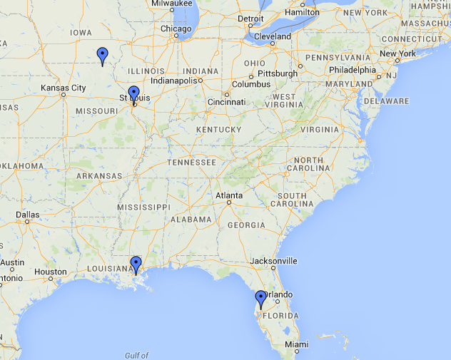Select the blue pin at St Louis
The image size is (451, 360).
tap(133, 94)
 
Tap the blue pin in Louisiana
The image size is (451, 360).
tap(136, 264)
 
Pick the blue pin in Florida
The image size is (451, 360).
tap(261, 299)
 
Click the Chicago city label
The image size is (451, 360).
tap(176, 29)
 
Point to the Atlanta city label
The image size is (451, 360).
tap(229, 195)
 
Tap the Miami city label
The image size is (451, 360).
tap(297, 344)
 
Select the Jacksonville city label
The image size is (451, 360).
tap(273, 260)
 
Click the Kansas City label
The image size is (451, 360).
tap(64, 88)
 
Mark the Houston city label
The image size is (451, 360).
tap(50, 272)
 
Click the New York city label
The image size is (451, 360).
tap(397, 53)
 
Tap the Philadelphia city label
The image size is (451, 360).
tap(353, 70)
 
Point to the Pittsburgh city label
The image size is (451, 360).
tap(278, 73)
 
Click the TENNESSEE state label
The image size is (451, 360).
tap(191, 163)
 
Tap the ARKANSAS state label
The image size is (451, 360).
tap(99, 175)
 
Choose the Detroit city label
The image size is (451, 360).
tap(250, 19)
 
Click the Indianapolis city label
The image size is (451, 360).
tap(172, 81)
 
